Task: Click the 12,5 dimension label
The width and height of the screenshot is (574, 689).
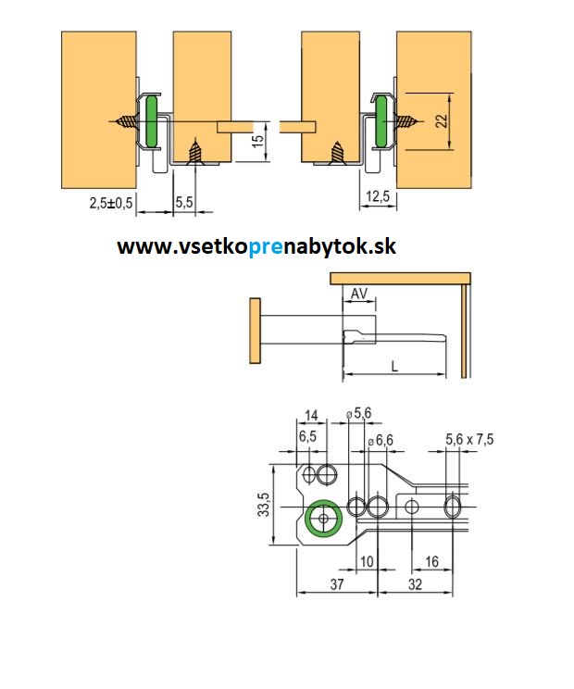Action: pos(377,196)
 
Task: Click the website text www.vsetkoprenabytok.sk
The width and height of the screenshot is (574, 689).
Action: pos(256,247)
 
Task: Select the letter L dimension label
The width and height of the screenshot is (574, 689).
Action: pos(394,367)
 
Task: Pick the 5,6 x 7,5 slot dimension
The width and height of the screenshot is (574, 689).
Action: pos(469,439)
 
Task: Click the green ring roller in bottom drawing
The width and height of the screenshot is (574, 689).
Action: pos(322,520)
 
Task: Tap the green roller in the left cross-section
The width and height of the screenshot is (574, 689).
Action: pos(150,121)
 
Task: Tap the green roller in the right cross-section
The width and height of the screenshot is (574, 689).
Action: pos(381,120)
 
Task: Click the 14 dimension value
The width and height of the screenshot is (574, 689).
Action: pos(310,414)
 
